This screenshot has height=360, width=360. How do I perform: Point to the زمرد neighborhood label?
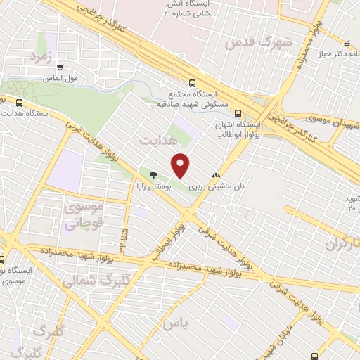(41, 56)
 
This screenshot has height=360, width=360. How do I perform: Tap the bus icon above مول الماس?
(59, 68)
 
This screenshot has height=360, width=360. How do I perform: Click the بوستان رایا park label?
(154, 188)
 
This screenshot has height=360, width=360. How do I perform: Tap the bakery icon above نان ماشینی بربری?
(216, 176)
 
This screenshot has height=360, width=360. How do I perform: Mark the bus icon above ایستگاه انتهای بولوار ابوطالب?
(238, 112)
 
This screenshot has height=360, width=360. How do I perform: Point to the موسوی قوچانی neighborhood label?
(84, 216)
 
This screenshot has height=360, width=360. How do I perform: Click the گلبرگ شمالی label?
(88, 280)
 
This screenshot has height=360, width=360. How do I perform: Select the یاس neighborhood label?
(176, 324)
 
